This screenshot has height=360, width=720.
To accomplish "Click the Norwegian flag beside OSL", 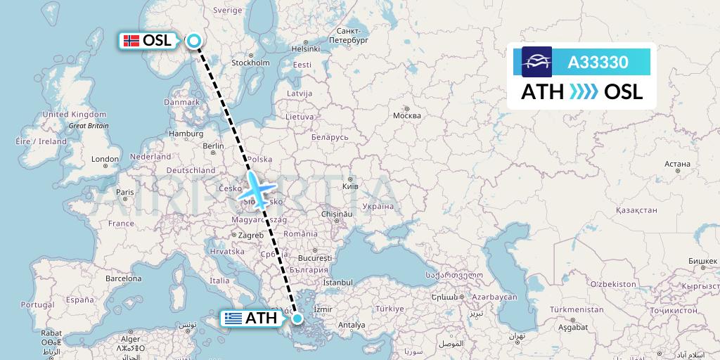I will tap(131, 41).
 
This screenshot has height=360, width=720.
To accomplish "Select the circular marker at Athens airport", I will tap(298, 319).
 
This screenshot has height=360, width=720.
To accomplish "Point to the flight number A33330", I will tap(598, 63).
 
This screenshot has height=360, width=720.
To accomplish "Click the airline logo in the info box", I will tap(536, 62).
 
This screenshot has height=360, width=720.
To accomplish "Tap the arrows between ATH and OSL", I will tap(583, 92).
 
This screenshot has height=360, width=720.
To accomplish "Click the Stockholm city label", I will tap(250, 63).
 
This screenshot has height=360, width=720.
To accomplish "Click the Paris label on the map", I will tap(124, 192).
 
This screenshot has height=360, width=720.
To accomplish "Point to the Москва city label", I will tap(406, 115).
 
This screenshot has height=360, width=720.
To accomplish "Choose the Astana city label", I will tap(677, 164).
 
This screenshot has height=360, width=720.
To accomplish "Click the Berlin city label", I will tap(212, 146).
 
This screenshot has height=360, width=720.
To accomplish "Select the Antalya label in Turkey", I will tap(352, 325).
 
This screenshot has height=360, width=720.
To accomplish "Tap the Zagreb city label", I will tap(250, 235).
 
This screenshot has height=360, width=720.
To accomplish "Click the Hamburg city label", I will tap(186, 134).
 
